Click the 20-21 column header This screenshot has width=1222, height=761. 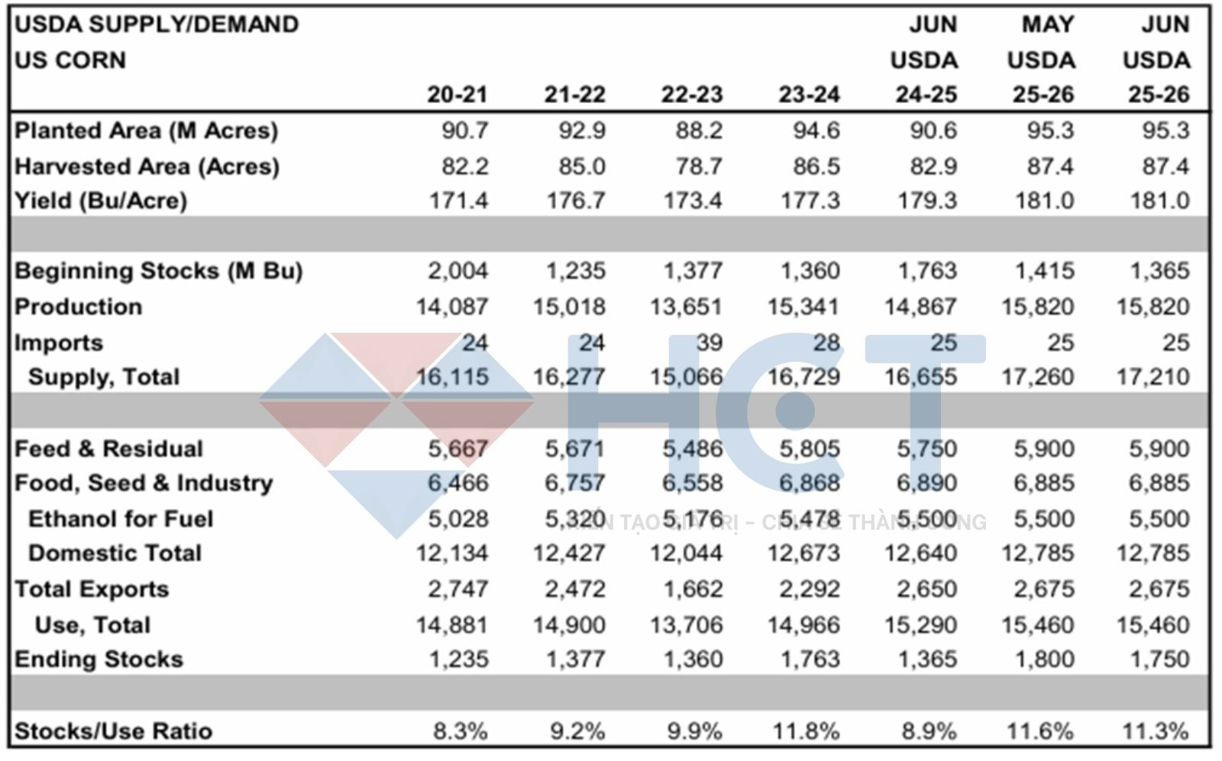pos(457,95)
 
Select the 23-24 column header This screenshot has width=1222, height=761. pos(809,95)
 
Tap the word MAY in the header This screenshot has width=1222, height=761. pos(1047,24)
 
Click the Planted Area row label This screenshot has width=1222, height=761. pos(146,131)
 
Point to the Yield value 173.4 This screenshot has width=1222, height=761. pos(692,201)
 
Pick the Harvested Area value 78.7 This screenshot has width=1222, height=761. pos(698,166)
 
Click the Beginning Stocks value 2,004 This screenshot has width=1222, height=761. pos(457,271)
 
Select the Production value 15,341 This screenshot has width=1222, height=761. pos(803,307)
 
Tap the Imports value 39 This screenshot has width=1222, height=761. pos(709,343)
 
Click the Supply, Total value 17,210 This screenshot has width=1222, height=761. pos(1152,377)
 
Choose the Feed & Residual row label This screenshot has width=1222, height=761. pos(109,449)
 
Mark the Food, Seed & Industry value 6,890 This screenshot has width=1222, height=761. pos(926,483)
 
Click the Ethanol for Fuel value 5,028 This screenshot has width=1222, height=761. pos(457,519)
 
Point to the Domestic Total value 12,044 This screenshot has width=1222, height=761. pos(686,553)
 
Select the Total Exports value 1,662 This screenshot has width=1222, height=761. pos(692,589)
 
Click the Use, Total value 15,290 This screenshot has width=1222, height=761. pos(920,625)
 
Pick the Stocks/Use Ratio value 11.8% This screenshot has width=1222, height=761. pos(806,731)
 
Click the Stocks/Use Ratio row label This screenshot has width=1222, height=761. pos(113,731)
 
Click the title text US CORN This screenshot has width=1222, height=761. pos(70,60)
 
